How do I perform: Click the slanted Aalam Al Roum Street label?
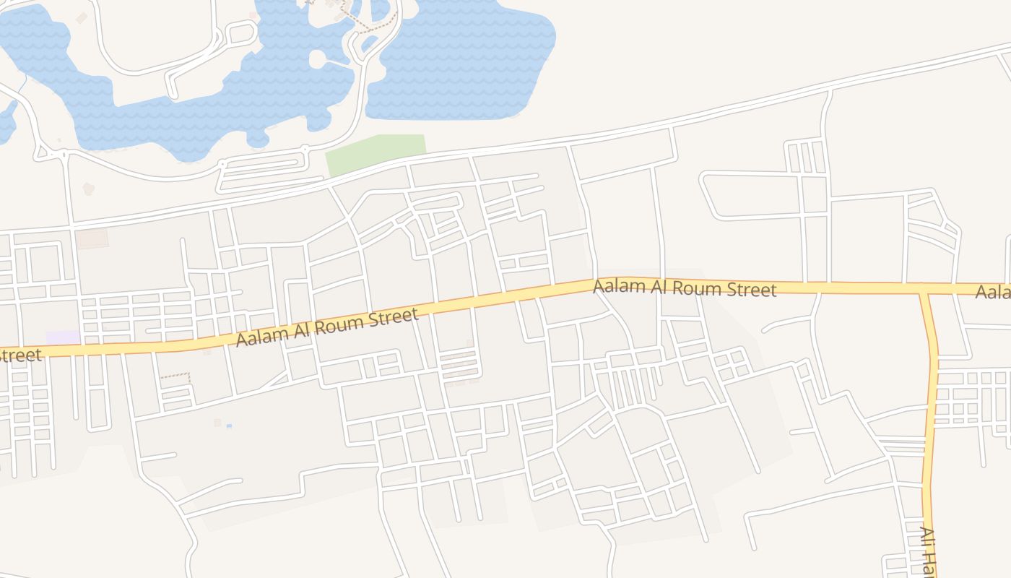click(327, 327)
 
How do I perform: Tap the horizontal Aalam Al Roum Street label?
click(684, 288)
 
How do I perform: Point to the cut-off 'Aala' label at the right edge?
click(994, 293)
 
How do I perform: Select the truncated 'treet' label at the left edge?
click(20, 355)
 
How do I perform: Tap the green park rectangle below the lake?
click(374, 154)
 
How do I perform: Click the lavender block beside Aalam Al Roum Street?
click(63, 337)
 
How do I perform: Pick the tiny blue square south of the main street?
click(229, 426)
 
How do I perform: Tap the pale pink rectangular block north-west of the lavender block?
click(92, 238)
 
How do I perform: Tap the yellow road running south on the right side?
click(931, 405)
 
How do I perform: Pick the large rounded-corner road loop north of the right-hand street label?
click(751, 195)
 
